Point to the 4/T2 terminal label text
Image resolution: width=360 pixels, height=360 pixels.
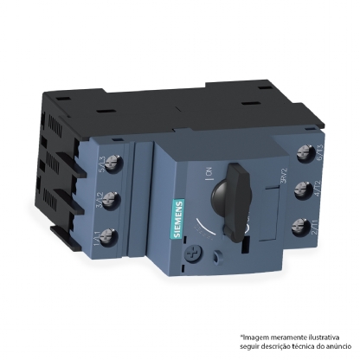click(x=322, y=186)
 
